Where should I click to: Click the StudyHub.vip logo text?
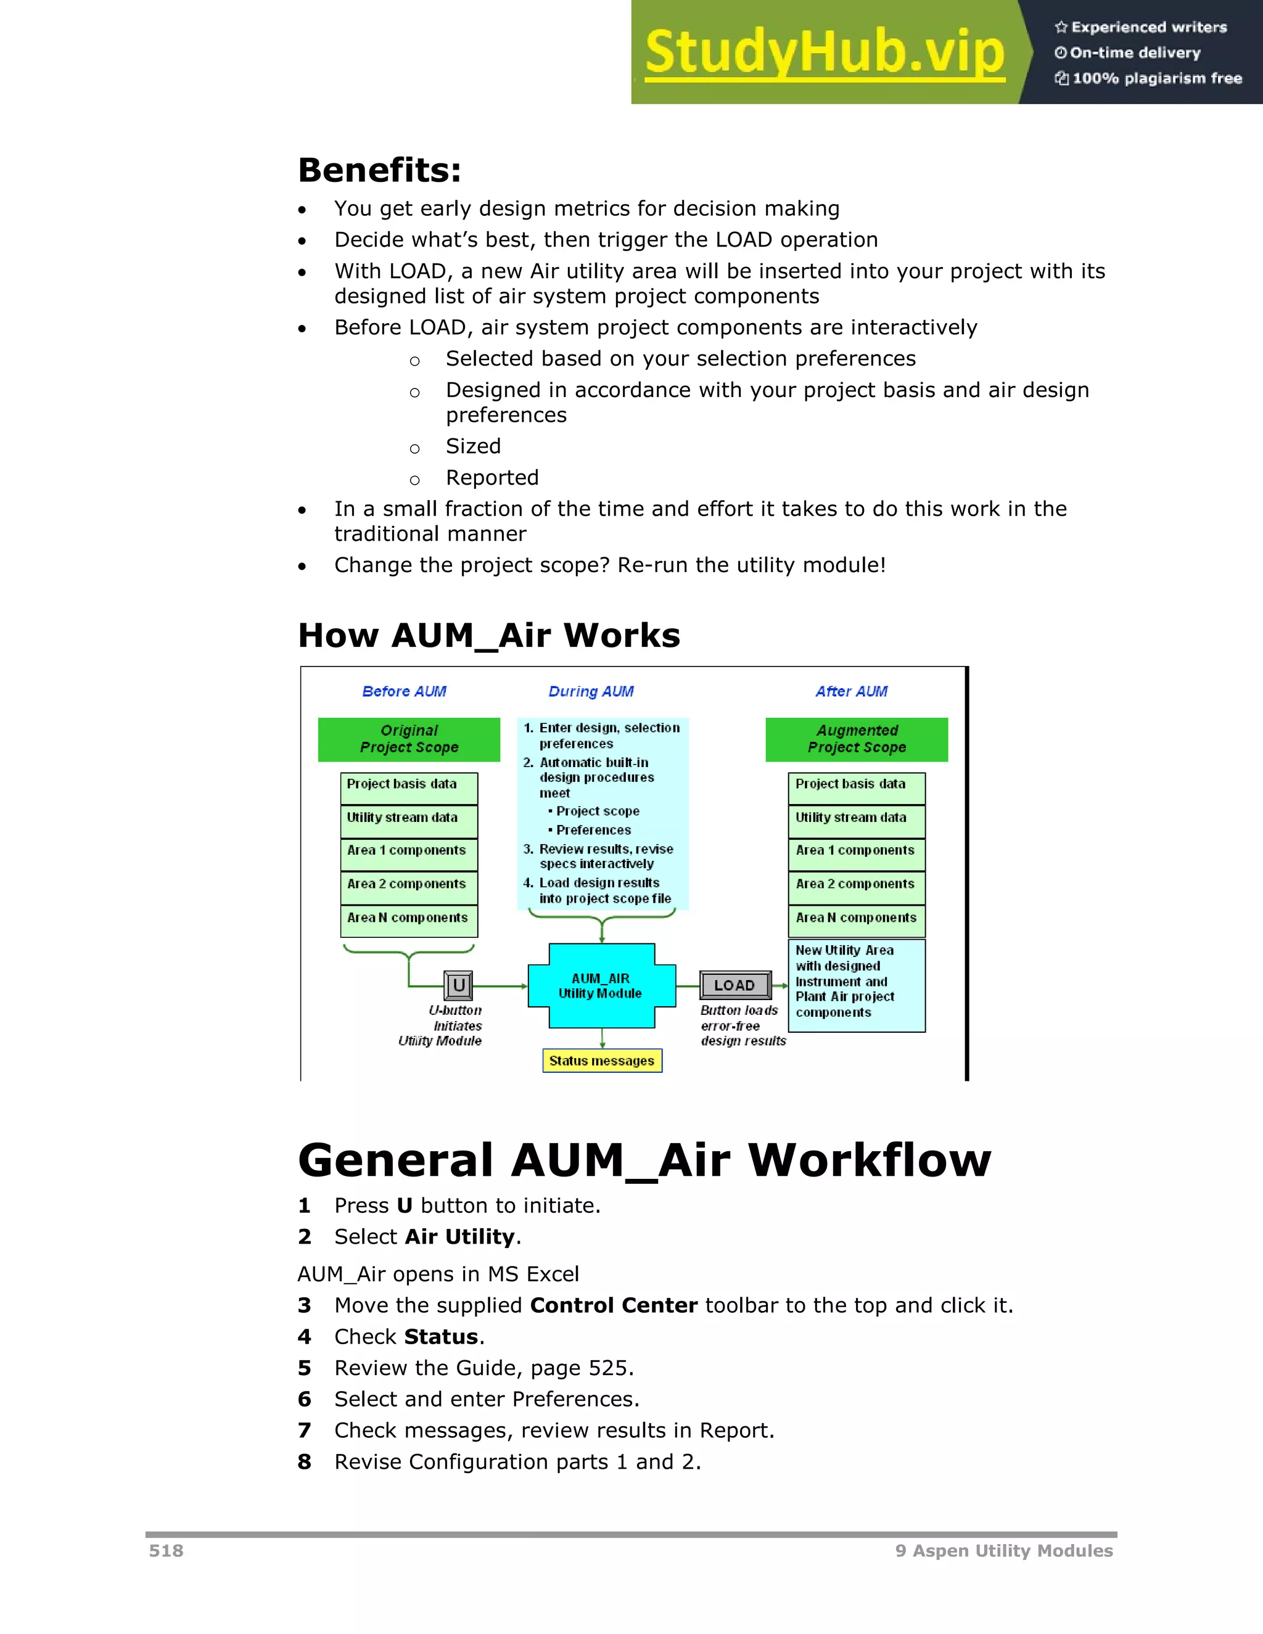point(825,52)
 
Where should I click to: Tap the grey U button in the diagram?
point(459,985)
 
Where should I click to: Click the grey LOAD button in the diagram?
point(734,985)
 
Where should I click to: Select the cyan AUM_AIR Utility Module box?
point(601,986)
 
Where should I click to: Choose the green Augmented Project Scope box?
point(857,739)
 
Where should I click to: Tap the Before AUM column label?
point(404,691)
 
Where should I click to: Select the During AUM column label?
point(591,691)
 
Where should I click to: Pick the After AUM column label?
point(852,691)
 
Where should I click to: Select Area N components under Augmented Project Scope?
point(856,919)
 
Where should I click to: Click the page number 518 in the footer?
point(166,1550)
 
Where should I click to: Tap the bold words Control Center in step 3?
point(614,1305)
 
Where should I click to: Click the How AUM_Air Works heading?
point(488,636)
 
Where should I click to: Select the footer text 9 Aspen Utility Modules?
point(1003,1550)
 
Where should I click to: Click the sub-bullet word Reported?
point(492,477)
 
